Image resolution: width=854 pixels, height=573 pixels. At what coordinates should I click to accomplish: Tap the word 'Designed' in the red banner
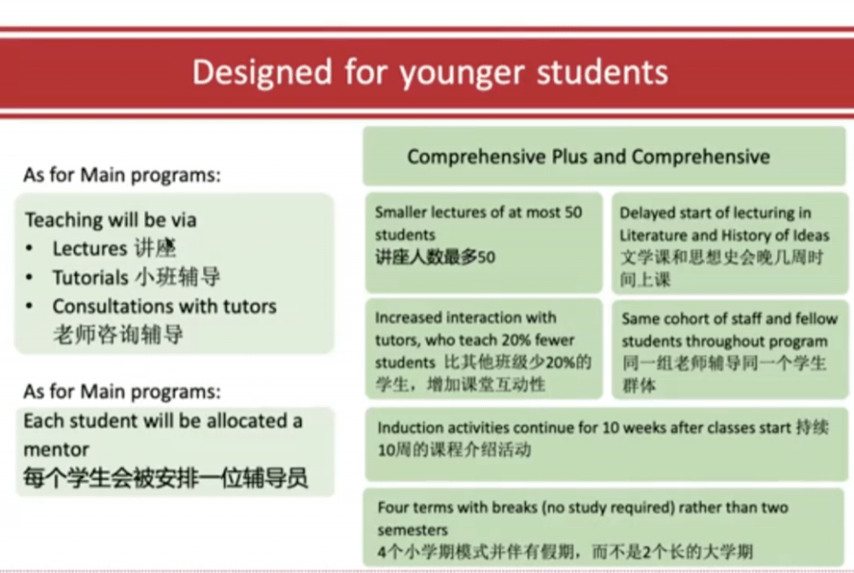tap(262, 72)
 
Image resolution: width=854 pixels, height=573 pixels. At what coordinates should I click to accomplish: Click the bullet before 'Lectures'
tap(29, 249)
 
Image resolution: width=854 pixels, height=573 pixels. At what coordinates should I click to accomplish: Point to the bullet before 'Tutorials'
tap(29, 277)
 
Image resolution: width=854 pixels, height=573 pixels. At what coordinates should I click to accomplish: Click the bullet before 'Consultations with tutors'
tap(29, 306)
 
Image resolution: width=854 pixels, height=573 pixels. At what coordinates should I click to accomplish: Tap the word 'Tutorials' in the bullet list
tap(90, 277)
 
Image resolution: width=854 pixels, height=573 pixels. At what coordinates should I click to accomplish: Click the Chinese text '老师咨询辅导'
tap(119, 334)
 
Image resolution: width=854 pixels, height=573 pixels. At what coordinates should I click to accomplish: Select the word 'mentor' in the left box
tap(56, 450)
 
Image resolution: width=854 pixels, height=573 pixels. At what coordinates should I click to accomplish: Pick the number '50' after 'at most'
tap(573, 212)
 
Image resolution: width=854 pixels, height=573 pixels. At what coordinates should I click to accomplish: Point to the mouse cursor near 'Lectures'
tap(170, 244)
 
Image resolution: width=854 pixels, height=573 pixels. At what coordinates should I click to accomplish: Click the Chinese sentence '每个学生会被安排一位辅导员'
tap(165, 478)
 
